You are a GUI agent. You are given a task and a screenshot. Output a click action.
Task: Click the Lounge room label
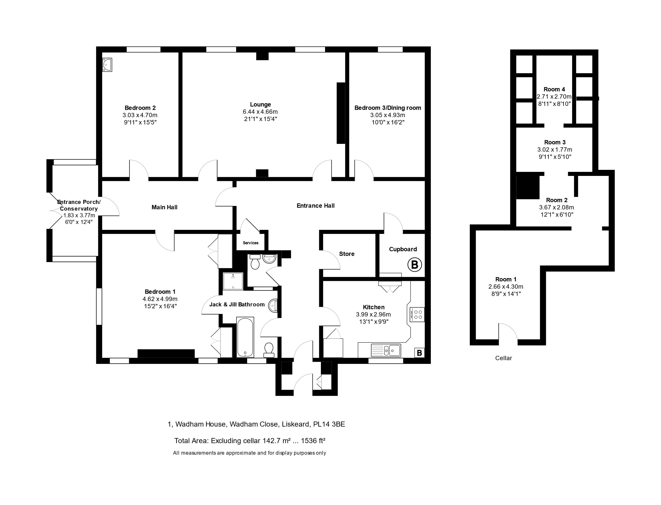[x=260, y=104]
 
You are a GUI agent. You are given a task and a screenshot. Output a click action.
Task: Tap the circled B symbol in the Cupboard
[x=414, y=265]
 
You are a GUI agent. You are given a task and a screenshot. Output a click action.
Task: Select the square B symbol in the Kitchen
[x=419, y=353]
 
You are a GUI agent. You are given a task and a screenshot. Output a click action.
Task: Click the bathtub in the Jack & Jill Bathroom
[x=245, y=337]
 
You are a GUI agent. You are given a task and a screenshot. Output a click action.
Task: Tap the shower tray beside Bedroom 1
[x=233, y=281]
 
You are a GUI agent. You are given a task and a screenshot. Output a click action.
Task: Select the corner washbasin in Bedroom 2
[x=107, y=65]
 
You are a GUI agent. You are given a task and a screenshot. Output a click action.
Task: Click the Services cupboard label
[x=251, y=243]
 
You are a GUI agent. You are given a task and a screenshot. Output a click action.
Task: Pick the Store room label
[x=347, y=254]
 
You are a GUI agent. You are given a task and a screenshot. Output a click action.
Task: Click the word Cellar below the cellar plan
[x=504, y=358]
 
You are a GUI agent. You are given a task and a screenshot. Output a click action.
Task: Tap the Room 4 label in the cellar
[x=554, y=89]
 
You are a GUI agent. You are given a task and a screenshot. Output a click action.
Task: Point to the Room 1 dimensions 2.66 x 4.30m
[x=506, y=287]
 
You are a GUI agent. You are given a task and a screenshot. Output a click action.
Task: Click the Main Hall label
[x=164, y=207]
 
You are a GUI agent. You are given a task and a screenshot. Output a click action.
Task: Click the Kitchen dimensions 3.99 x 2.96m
[x=373, y=314]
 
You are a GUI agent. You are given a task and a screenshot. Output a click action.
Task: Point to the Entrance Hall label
[x=316, y=206]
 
